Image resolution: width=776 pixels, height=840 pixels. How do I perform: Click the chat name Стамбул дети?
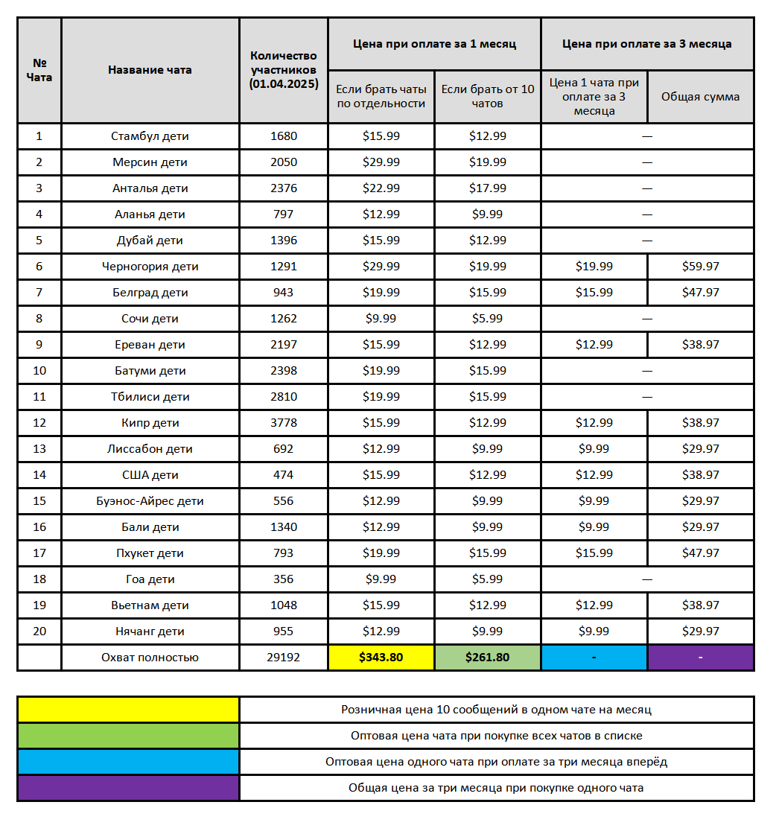pos(150,136)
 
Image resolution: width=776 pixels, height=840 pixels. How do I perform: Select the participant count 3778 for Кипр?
pos(283,423)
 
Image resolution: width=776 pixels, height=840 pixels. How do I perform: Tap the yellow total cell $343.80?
pos(381,658)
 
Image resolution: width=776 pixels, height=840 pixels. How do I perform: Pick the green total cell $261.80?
pos(487,658)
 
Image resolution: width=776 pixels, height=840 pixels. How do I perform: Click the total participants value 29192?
pos(283,658)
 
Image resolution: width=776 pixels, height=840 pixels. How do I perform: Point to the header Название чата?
pos(150,70)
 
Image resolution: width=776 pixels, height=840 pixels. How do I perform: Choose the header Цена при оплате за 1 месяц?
pos(434,44)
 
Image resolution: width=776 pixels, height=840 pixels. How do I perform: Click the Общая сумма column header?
pos(701,97)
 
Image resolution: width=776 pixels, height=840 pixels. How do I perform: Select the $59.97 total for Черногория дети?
pos(701,267)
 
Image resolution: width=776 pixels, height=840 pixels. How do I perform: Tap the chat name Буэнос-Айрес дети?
pos(150,501)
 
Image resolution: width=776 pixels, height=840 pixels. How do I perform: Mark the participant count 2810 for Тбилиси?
pos(283,397)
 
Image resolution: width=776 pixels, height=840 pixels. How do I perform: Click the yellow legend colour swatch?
pos(128,710)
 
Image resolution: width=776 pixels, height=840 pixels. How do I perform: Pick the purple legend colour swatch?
pos(128,788)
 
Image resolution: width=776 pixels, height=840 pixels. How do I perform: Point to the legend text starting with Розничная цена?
pos(496,710)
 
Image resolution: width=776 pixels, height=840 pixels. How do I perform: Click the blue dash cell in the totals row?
pos(594,658)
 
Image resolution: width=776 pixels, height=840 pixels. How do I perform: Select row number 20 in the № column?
pos(39,631)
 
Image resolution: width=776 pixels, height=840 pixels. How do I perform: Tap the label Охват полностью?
pos(150,658)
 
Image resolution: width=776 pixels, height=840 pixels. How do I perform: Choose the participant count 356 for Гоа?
pos(283,579)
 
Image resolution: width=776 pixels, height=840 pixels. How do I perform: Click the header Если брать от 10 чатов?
pos(487,97)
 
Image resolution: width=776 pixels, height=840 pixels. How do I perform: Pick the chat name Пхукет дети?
pos(150,553)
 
